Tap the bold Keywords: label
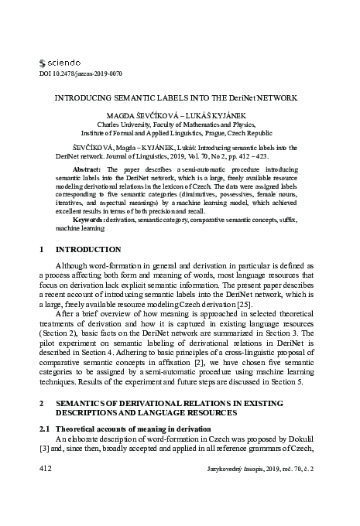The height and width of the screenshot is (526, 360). pyautogui.click(x=89, y=219)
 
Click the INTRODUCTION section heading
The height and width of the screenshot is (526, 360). pyautogui.click(x=88, y=250)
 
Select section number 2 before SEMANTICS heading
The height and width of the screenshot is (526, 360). pyautogui.click(x=41, y=404)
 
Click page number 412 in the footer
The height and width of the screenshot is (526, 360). pyautogui.click(x=46, y=470)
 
